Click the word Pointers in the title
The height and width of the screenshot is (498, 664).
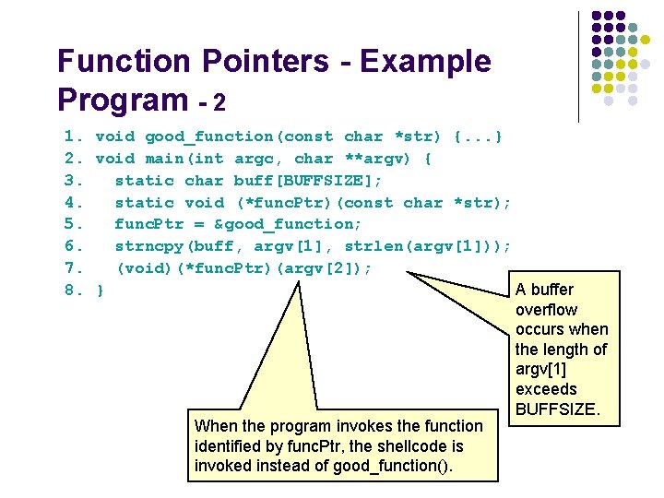(x=269, y=62)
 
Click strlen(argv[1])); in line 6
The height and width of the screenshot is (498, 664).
(x=428, y=246)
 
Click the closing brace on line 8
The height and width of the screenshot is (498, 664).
(x=101, y=290)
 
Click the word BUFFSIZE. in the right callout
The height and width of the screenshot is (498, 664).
(x=558, y=409)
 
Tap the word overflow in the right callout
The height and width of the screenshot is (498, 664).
(x=546, y=310)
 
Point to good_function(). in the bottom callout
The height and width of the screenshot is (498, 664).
(x=392, y=466)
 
